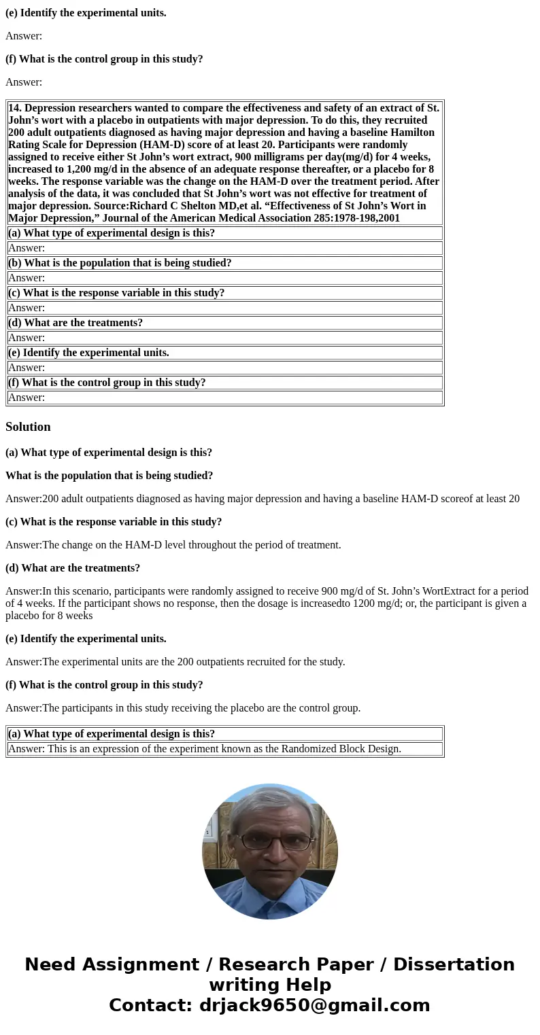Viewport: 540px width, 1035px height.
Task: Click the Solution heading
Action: coord(28,427)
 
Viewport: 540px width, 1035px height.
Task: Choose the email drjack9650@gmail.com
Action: coord(314,1005)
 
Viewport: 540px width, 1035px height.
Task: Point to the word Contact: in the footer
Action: coord(150,1005)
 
